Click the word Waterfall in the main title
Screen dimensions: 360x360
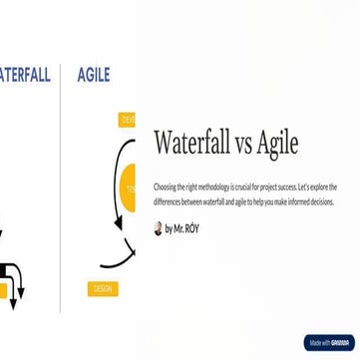pyautogui.click(x=195, y=144)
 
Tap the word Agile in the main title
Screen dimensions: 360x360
pyautogui.click(x=274, y=144)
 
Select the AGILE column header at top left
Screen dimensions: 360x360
pyautogui.click(x=92, y=74)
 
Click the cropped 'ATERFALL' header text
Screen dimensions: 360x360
pyautogui.click(x=25, y=74)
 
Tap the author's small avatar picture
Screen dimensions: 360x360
pyautogui.click(x=158, y=228)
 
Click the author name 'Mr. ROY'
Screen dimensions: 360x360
pyautogui.click(x=186, y=228)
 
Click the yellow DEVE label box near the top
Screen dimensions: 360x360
pyautogui.click(x=127, y=119)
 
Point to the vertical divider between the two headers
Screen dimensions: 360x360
pyautogui.click(x=62, y=74)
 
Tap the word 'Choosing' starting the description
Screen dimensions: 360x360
pyautogui.click(x=165, y=186)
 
